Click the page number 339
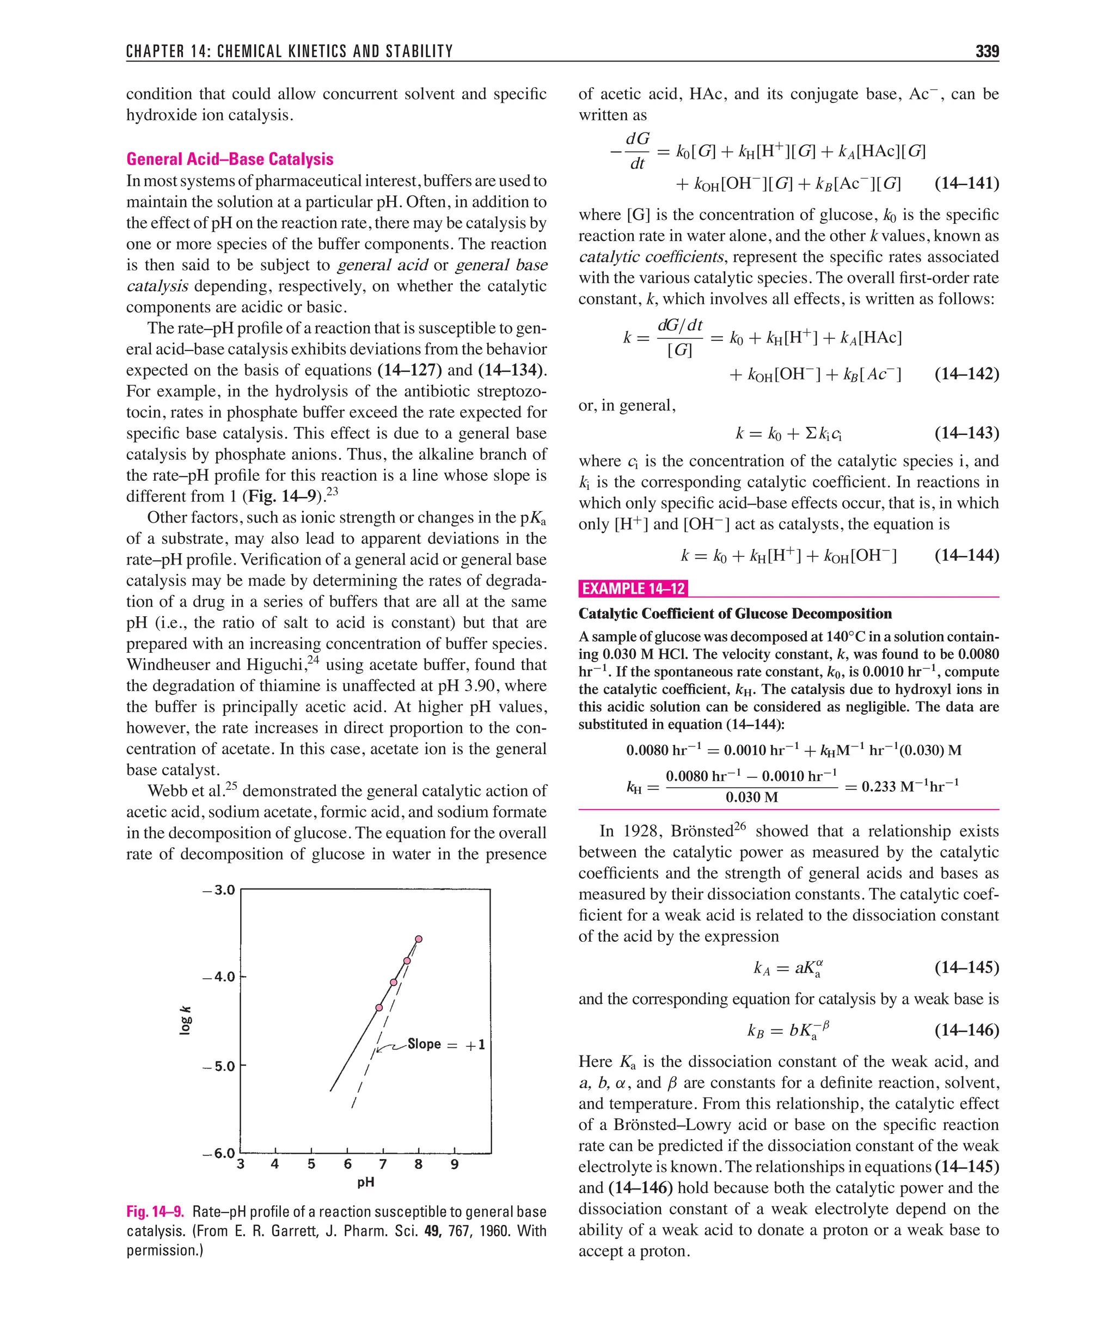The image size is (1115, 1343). coord(987,51)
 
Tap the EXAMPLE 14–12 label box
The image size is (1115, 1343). coord(633,588)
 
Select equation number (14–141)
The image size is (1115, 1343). coord(966,183)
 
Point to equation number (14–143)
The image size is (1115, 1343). coord(966,433)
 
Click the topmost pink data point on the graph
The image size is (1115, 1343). coord(418,939)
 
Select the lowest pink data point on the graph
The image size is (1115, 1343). coord(379,1007)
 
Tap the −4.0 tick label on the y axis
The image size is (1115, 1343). coord(219,977)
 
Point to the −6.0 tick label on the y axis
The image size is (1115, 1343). coord(219,1153)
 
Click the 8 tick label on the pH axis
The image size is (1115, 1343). coord(418,1164)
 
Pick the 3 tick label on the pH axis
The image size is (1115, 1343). coord(241,1164)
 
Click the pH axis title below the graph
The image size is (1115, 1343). coord(365,1182)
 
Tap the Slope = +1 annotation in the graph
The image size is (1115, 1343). coord(446,1044)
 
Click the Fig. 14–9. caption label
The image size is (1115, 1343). coord(156,1212)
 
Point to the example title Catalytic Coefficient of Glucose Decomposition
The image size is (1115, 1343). coord(734,614)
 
